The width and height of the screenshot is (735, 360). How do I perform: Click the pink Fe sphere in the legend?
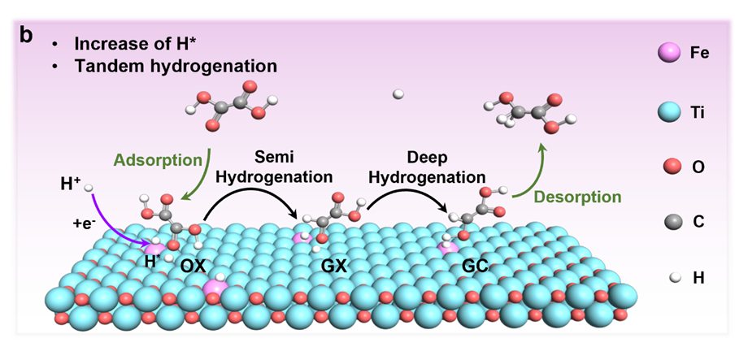tap(669, 54)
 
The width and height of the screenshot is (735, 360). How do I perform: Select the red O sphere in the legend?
tap(670, 167)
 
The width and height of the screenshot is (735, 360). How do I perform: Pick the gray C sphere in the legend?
tap(670, 222)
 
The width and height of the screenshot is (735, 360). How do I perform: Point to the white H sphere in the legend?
tap(671, 277)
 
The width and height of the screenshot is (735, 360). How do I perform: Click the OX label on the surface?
tap(193, 266)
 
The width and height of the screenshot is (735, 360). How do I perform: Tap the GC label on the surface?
tap(475, 265)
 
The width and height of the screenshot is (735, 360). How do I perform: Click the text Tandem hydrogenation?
tap(176, 66)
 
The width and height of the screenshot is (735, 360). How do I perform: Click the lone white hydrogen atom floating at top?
tap(398, 94)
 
